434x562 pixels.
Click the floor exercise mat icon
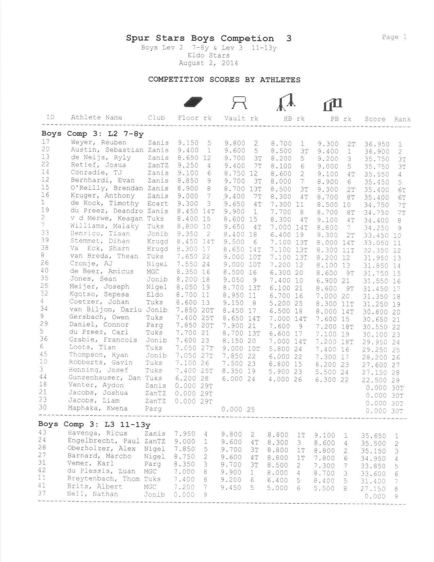pos(193,102)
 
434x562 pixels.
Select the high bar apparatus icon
pos(285,103)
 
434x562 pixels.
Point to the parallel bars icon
pos(332,104)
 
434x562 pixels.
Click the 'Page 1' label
pos(394,37)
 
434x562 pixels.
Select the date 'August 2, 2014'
pos(208,63)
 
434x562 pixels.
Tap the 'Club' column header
pos(156,118)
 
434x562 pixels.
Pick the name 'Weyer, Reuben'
pos(98,142)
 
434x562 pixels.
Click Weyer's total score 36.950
pos(376,144)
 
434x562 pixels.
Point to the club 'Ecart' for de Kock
pos(158,203)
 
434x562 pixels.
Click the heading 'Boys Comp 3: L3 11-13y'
pos(94,424)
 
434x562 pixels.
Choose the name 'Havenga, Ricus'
pos(97,433)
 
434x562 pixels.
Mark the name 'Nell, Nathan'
pos(93,494)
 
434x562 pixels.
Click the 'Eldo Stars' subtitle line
pos(208,55)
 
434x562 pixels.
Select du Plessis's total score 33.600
pos(373,474)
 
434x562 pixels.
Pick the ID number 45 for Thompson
pos(43,354)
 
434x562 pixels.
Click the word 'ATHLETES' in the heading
pos(280,80)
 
